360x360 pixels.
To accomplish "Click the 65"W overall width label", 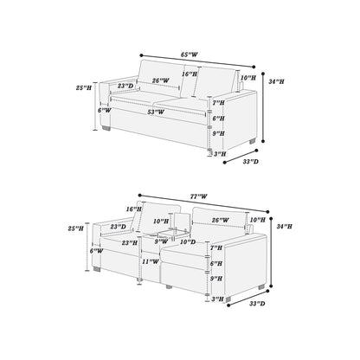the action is pyautogui.click(x=190, y=55).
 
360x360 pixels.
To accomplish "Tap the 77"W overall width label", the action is pyautogui.click(x=198, y=196).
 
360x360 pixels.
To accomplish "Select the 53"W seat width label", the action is pyautogui.click(x=156, y=112).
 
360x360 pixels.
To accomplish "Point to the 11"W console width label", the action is pyautogui.click(x=151, y=261).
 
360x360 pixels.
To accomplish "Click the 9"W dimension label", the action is pyautogui.click(x=161, y=241).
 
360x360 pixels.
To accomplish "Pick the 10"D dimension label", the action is pyautogui.click(x=188, y=241).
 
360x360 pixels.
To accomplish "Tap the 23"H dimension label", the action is pyautogui.click(x=130, y=243).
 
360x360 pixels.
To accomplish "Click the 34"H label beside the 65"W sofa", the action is pyautogui.click(x=276, y=81).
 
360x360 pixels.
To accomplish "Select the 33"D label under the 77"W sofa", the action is pyautogui.click(x=257, y=304).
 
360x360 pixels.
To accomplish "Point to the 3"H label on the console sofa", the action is pyautogui.click(x=218, y=299).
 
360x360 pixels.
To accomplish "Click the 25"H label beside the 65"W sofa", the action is pyautogui.click(x=84, y=87).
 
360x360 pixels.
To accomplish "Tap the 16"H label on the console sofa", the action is pyautogui.click(x=134, y=209).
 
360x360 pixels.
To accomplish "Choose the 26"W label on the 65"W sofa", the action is pyautogui.click(x=161, y=80).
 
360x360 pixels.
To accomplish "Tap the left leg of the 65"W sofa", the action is pyautogui.click(x=106, y=128).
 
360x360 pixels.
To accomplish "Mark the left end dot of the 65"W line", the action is pyautogui.click(x=141, y=55).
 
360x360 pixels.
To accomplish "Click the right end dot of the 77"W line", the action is pyautogui.click(x=267, y=212).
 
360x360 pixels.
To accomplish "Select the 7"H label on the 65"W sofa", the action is pyautogui.click(x=218, y=103).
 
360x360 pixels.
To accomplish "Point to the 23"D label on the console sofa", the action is pyautogui.click(x=119, y=227).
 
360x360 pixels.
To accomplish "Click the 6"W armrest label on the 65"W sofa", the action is pyautogui.click(x=104, y=110).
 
